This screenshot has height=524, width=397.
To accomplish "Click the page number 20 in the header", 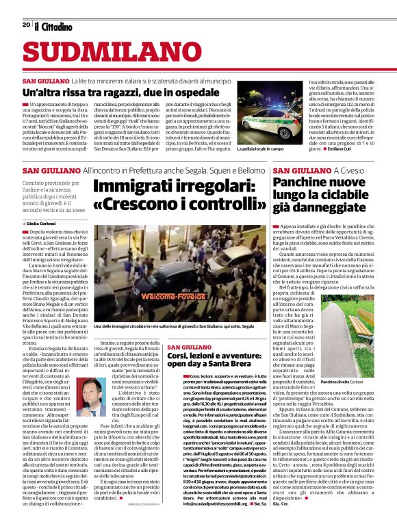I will pyautogui.click(x=25, y=25).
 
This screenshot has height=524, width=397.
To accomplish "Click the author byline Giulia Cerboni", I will pyautogui.click(x=44, y=224).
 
